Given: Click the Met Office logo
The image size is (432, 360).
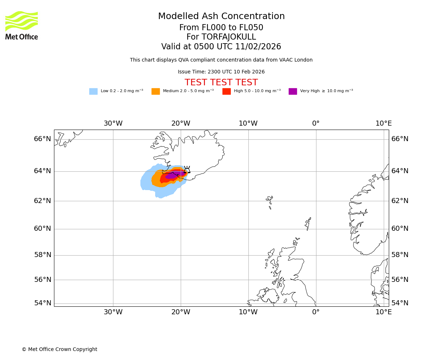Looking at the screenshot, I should pyautogui.click(x=22, y=25).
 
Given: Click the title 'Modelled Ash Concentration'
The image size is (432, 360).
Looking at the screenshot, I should pyautogui.click(x=221, y=17).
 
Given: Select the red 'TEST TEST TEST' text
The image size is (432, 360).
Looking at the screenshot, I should pyautogui.click(x=221, y=83).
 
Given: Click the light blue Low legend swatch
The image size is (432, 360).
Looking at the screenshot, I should pyautogui.click(x=93, y=91).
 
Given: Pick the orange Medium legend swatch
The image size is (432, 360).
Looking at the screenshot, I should pyautogui.click(x=156, y=91).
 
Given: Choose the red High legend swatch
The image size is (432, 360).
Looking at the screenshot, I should pyautogui.click(x=226, y=91).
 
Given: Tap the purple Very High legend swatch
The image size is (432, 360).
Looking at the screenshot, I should pyautogui.click(x=293, y=91).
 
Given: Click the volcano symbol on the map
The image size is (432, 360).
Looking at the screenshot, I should pyautogui.click(x=187, y=170).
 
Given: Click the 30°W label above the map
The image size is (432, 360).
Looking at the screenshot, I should pyautogui.click(x=113, y=123).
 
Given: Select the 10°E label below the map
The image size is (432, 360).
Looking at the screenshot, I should pyautogui.click(x=383, y=312).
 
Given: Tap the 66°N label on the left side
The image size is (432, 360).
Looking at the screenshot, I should pyautogui.click(x=42, y=139).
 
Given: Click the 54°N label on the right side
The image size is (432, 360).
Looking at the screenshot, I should pyautogui.click(x=400, y=303).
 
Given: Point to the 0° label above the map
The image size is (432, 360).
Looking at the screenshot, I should pyautogui.click(x=316, y=123).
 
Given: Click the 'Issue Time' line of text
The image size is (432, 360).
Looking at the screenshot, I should pyautogui.click(x=221, y=72).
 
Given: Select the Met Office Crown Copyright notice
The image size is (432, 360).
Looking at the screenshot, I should pyautogui.click(x=59, y=350).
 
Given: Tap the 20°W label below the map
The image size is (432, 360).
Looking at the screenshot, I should pyautogui.click(x=181, y=312).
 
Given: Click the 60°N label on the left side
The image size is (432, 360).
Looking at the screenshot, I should pyautogui.click(x=42, y=229).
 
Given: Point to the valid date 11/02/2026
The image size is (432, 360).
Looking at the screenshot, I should pyautogui.click(x=258, y=47).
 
